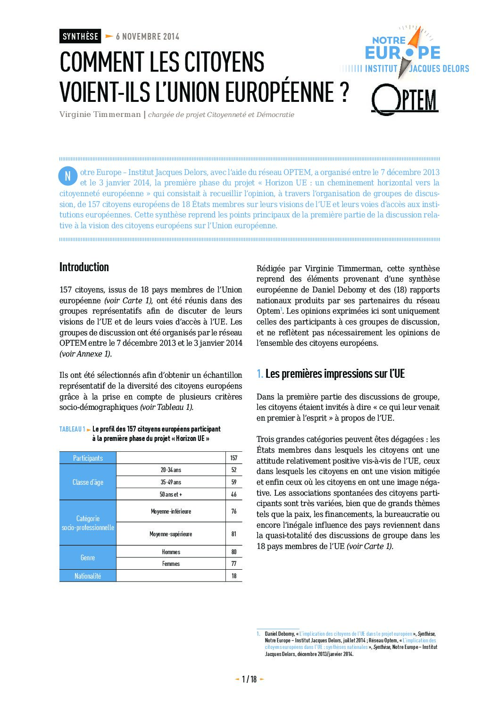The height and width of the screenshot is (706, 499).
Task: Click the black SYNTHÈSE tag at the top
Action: click(x=80, y=36)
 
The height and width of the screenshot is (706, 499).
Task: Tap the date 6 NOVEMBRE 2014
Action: click(x=147, y=36)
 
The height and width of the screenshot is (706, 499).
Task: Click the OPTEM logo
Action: click(x=405, y=100)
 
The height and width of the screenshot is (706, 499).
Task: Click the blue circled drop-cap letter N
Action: click(x=67, y=176)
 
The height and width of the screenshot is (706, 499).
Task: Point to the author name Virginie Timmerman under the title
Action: click(x=100, y=115)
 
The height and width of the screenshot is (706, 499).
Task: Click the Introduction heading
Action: click(x=84, y=267)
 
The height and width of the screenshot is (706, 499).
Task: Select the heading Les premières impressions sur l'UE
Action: click(x=335, y=374)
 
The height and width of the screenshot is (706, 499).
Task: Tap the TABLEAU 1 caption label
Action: click(x=72, y=429)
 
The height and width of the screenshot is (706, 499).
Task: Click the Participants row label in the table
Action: click(x=88, y=458)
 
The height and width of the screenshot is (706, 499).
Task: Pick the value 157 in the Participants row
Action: click(x=234, y=458)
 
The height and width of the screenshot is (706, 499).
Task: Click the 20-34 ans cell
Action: click(x=171, y=470)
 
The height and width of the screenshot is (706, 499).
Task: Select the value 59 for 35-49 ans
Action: click(x=234, y=482)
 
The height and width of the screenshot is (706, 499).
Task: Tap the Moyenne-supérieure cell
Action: click(x=171, y=534)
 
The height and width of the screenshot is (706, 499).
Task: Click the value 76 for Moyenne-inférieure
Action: click(x=234, y=511)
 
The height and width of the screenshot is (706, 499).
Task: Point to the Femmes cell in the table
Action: click(x=171, y=564)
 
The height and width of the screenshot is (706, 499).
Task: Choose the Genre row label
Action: click(x=88, y=557)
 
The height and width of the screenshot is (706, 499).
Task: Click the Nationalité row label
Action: click(x=88, y=576)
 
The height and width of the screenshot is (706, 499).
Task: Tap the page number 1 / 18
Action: click(x=249, y=679)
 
